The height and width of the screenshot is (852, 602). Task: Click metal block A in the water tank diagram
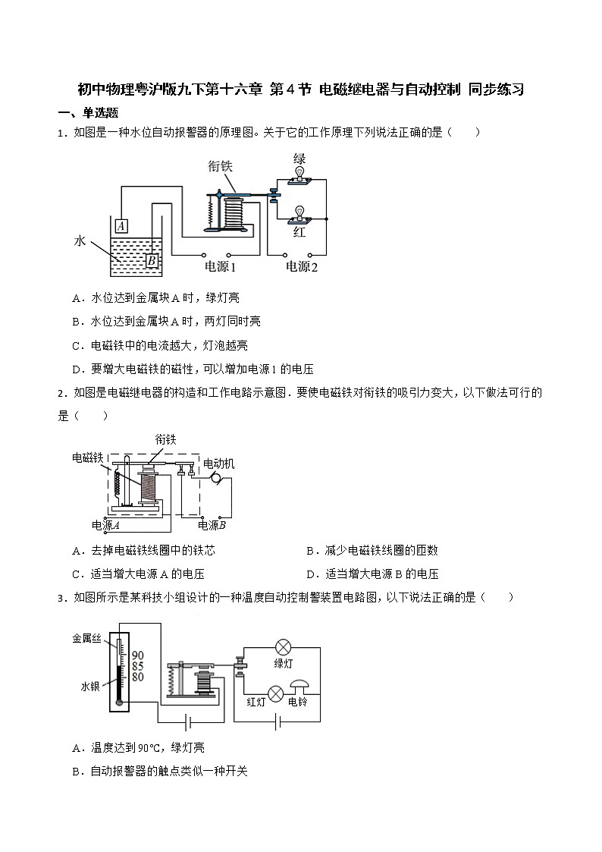pyautogui.click(x=121, y=225)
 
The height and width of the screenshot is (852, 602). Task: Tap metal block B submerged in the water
pyautogui.click(x=151, y=261)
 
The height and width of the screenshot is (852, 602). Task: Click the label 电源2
pyautogui.click(x=301, y=267)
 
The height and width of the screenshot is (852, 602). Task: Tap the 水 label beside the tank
pyautogui.click(x=80, y=241)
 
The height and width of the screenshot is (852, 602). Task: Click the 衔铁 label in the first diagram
pyautogui.click(x=222, y=166)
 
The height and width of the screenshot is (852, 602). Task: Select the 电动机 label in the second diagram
pyautogui.click(x=219, y=463)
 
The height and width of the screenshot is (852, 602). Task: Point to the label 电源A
pyautogui.click(x=107, y=525)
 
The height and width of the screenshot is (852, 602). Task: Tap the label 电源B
pyautogui.click(x=212, y=525)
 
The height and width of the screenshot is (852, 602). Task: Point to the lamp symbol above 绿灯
pyautogui.click(x=284, y=647)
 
